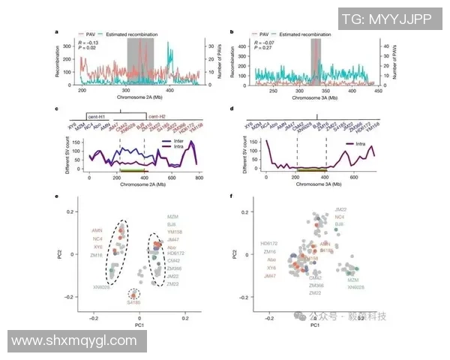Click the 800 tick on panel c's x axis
pos(199,179)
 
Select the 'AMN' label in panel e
pos(97,229)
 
